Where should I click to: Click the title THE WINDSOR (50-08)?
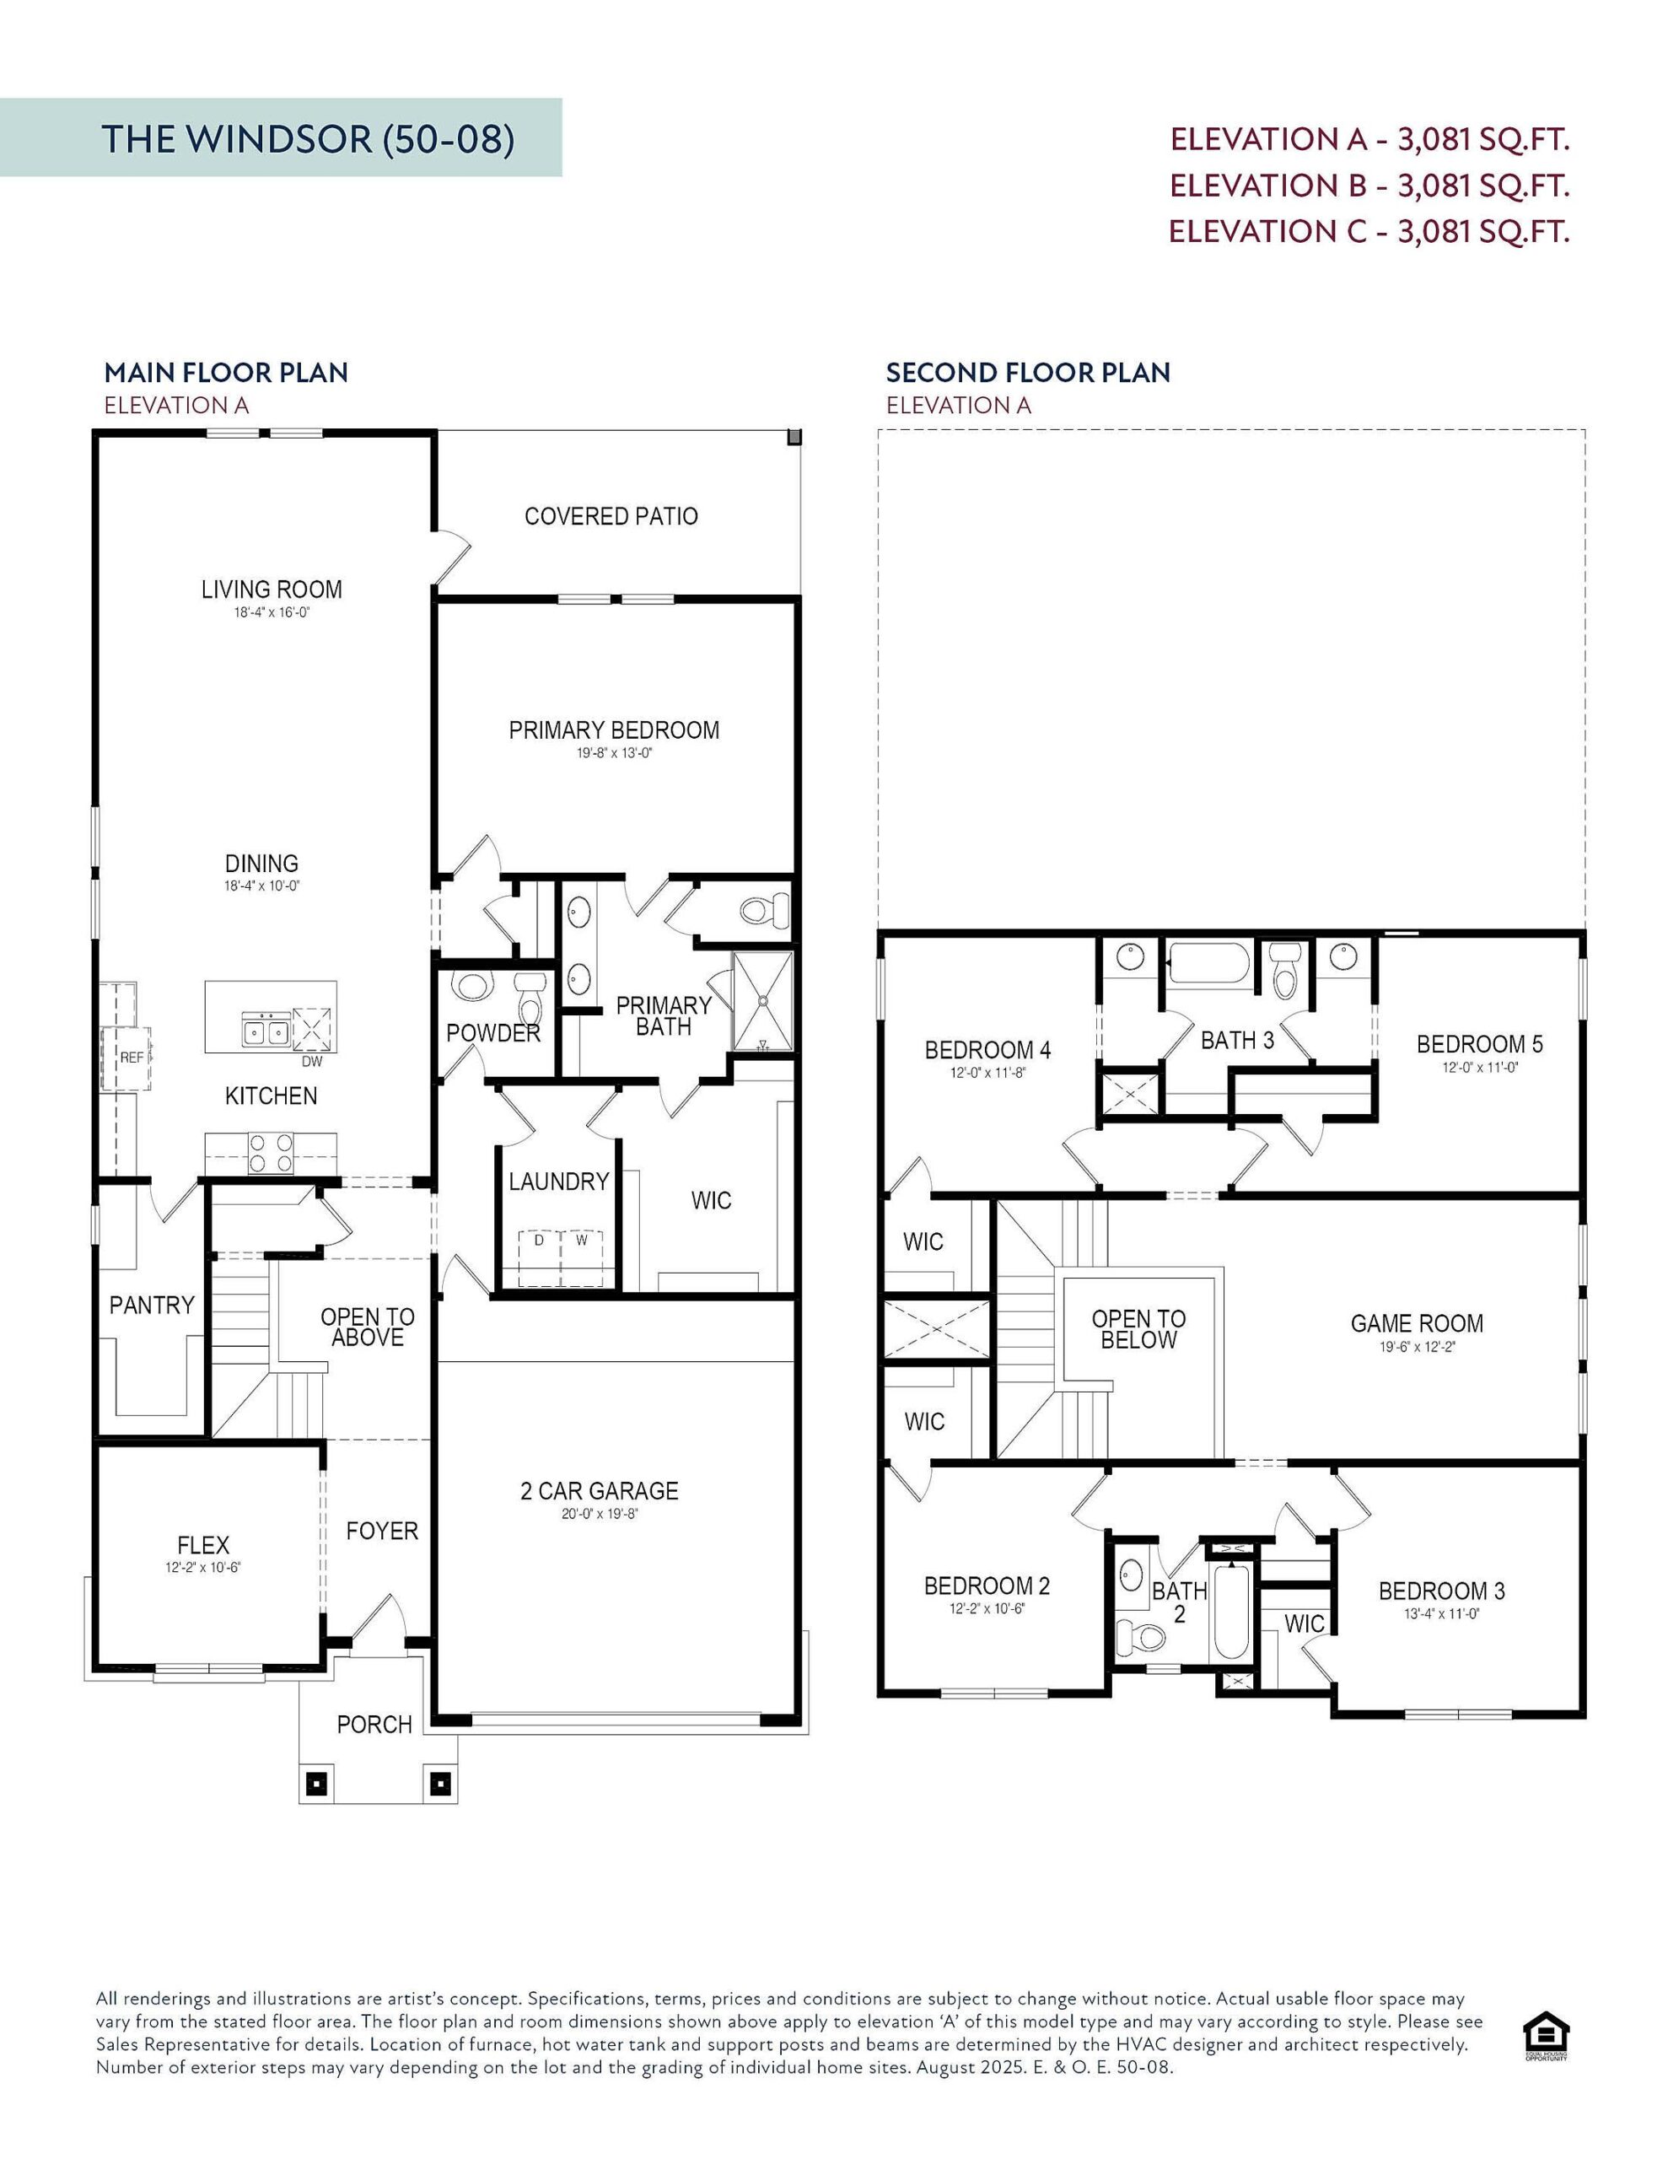point(308,138)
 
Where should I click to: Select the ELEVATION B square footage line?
point(1369,185)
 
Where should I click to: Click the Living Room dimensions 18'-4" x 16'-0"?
point(272,612)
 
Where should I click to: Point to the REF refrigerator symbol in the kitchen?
point(131,1057)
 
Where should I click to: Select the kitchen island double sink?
point(265,1030)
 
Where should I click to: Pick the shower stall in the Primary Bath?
point(762,1000)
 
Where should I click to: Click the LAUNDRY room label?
point(558,1182)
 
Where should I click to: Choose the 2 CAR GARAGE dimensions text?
point(600,1514)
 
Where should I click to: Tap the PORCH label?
point(374,1724)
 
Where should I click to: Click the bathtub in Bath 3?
point(1208,962)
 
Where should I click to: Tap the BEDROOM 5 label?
point(1478,1044)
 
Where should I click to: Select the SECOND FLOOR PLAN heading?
point(1027,373)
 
